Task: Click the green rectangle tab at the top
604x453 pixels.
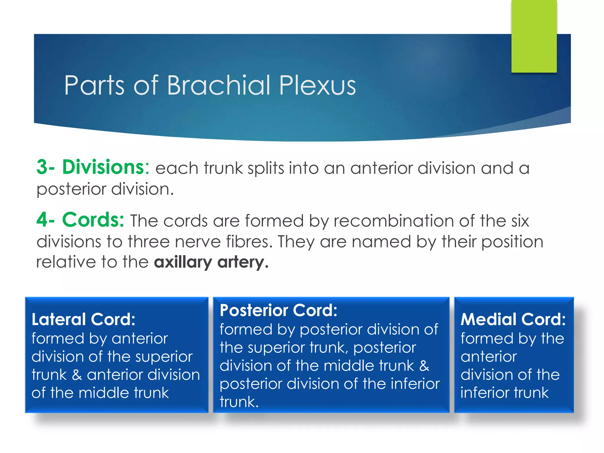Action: tap(534, 36)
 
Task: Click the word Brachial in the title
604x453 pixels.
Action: tap(219, 85)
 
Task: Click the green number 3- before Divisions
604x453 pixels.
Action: tap(45, 167)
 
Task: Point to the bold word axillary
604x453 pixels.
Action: tap(183, 262)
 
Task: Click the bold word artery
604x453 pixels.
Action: tap(243, 262)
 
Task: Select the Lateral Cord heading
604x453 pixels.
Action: tap(83, 319)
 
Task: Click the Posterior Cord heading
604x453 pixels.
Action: tap(278, 311)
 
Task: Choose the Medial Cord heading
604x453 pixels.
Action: tap(513, 319)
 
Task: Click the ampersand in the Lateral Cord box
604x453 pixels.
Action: tap(77, 375)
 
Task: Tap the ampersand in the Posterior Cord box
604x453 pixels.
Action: tap(424, 366)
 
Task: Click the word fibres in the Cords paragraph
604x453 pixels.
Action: tap(249, 242)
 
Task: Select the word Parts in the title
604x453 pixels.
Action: tap(94, 85)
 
